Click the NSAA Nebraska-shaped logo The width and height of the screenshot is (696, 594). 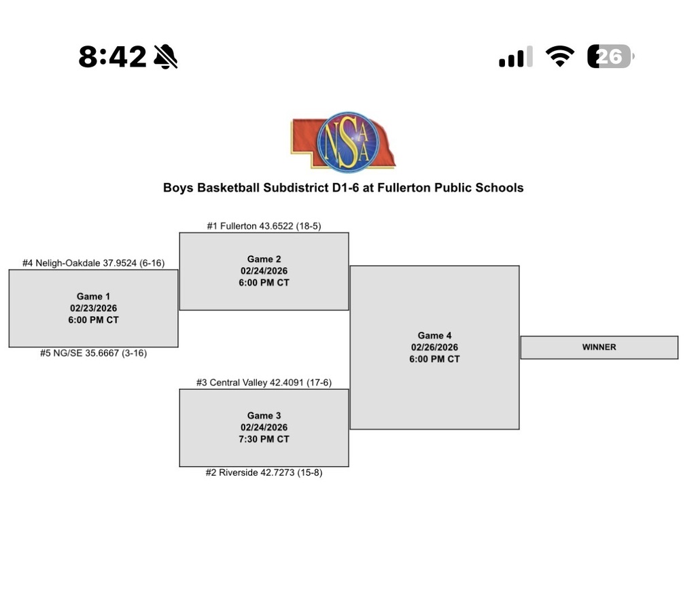tap(343, 142)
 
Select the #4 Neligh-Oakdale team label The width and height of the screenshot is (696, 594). tap(93, 263)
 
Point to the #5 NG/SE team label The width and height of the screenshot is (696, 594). tap(93, 353)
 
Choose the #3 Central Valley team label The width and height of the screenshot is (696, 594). tap(264, 383)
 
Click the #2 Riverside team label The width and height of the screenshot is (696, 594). tap(264, 472)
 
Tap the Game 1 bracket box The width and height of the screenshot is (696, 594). tap(93, 308)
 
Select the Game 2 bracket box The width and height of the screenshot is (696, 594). tap(264, 271)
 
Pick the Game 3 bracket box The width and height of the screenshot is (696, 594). tap(264, 427)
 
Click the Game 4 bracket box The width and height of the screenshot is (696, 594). tap(434, 347)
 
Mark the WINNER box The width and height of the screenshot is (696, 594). tap(599, 347)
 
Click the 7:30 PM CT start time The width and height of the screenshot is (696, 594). tap(264, 439)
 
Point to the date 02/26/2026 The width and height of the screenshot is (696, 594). tap(434, 347)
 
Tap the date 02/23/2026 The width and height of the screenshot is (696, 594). tap(93, 308)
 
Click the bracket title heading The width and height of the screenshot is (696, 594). tap(343, 188)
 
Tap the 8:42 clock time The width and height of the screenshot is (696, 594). tap(112, 57)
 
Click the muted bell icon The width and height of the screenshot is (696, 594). tap(165, 57)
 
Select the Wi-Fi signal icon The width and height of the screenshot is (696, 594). tap(559, 57)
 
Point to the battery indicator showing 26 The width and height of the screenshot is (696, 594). tap(610, 57)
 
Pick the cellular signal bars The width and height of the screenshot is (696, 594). tap(515, 57)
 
